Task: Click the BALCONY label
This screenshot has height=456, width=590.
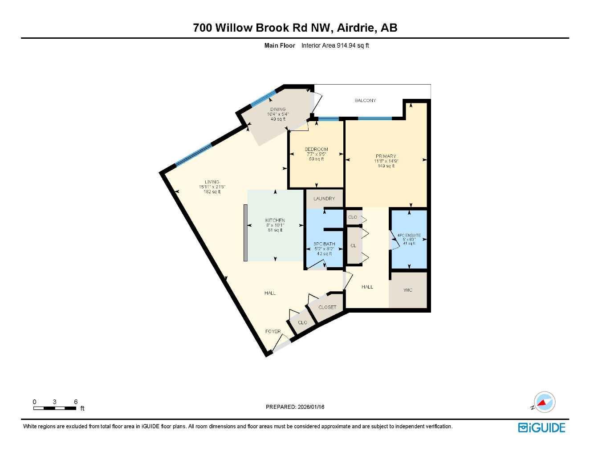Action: pyautogui.click(x=365, y=101)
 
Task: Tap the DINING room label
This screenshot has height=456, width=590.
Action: pyautogui.click(x=278, y=110)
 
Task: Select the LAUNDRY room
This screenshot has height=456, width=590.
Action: pyautogui.click(x=324, y=199)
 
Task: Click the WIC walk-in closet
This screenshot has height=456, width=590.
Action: pyautogui.click(x=408, y=290)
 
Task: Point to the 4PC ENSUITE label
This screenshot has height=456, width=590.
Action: pyautogui.click(x=409, y=235)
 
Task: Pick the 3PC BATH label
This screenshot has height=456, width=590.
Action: pyautogui.click(x=324, y=244)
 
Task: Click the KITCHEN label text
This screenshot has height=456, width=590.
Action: pyautogui.click(x=275, y=220)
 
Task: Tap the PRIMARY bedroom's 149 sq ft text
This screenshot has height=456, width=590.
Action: pyautogui.click(x=386, y=166)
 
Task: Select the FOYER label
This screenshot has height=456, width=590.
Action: pyautogui.click(x=273, y=331)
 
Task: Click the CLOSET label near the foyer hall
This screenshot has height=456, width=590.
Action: pyautogui.click(x=327, y=307)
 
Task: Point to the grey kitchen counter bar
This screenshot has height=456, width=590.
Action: pyautogui.click(x=245, y=233)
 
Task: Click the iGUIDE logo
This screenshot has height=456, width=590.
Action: pyautogui.click(x=541, y=427)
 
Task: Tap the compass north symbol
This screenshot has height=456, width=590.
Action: pyautogui.click(x=544, y=402)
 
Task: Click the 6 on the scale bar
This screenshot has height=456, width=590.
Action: pyautogui.click(x=76, y=402)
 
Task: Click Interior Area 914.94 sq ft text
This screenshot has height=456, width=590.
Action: pyautogui.click(x=335, y=45)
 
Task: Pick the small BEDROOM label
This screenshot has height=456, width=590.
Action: pyautogui.click(x=316, y=150)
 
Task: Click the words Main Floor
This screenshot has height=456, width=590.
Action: pyautogui.click(x=280, y=45)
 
